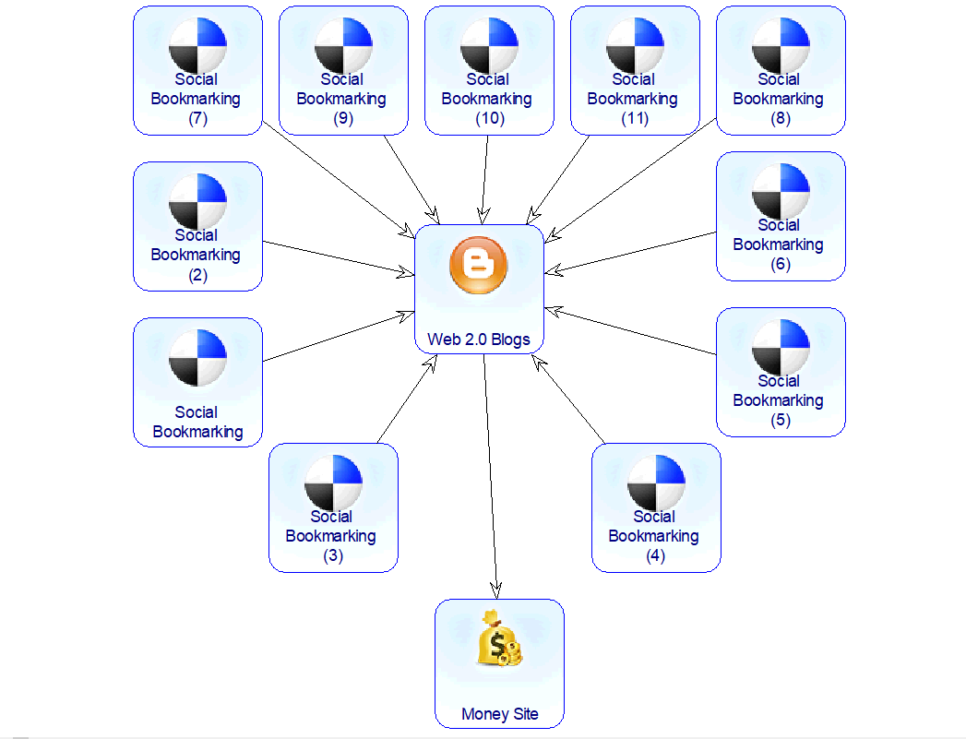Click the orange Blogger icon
click(478, 265)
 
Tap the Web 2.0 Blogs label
click(479, 340)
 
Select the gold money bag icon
click(499, 638)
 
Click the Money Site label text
click(499, 714)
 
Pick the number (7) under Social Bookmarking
click(197, 118)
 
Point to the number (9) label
click(342, 118)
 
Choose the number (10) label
click(488, 118)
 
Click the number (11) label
click(634, 118)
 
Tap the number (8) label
click(780, 118)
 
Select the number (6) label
click(780, 264)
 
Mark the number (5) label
click(780, 420)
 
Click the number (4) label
click(655, 555)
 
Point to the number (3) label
click(332, 555)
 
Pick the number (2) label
click(197, 274)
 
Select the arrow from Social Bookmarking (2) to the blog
click(337, 257)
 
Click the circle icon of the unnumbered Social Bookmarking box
click(197, 358)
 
